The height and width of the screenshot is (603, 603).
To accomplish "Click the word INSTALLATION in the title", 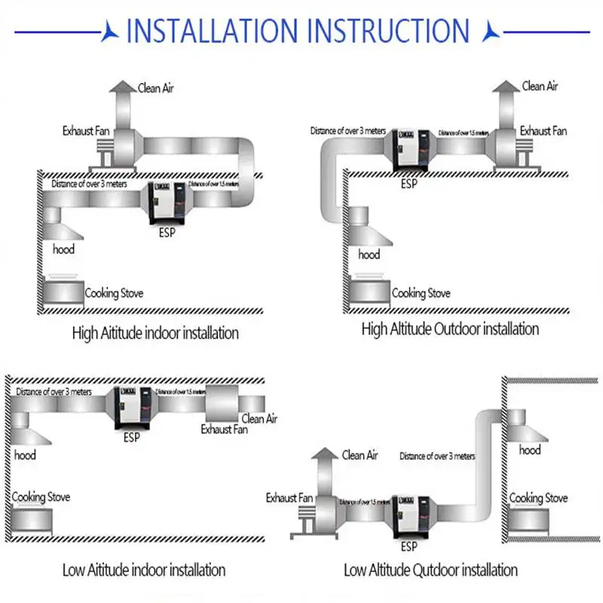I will point(213,31).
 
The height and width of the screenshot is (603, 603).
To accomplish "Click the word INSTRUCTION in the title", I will point(389,31).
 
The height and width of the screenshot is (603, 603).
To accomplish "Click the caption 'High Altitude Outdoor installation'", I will point(450,329).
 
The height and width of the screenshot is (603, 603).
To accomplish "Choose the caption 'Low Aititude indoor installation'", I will point(144,570).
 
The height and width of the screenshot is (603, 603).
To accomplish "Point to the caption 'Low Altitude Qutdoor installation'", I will point(430,570).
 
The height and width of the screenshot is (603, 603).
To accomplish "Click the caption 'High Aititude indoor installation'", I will point(155,332).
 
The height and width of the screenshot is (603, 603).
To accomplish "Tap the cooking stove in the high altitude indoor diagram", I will point(62,291).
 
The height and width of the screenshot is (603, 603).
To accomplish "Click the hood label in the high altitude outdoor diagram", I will point(369,255).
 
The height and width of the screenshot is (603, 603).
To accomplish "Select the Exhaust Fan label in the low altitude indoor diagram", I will point(224,430).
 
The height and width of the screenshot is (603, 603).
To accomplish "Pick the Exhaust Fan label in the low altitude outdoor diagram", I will point(289,498).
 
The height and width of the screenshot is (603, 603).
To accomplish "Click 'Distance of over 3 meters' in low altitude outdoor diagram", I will point(437,456).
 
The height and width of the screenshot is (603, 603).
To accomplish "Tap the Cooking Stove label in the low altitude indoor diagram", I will point(41,497).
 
